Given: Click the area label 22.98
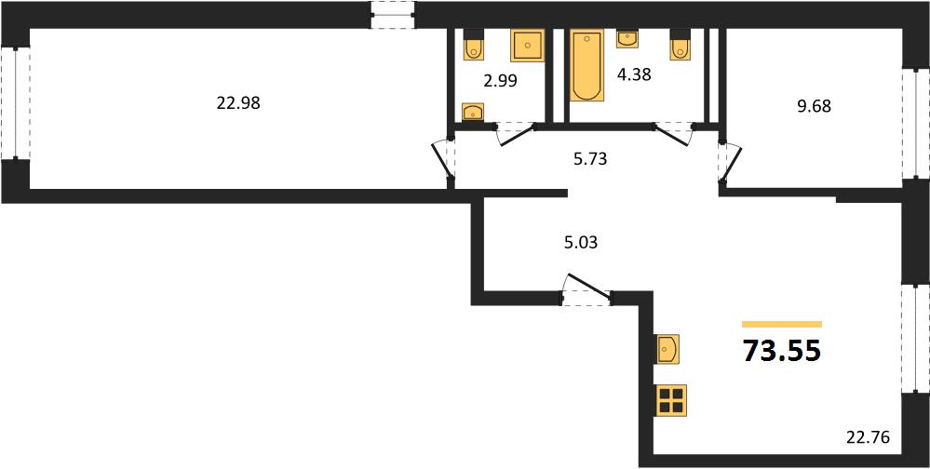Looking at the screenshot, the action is coord(239,104).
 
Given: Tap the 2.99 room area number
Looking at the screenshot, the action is coord(501,81).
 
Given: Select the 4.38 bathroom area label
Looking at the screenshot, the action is coord(634,75).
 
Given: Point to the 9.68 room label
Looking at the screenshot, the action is coord(814,107).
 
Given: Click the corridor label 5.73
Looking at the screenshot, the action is coord(590,159).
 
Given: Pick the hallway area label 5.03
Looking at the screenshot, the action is coord(579,243).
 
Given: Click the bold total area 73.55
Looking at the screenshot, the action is coord(782,352).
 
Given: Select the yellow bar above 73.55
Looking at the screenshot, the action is coord(782,325).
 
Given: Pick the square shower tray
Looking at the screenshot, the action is coord(527,45).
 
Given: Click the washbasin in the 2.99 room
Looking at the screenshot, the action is coord(473,112).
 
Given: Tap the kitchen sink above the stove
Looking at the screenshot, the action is coord(667,349).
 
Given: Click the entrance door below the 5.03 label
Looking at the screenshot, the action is coord(586,290).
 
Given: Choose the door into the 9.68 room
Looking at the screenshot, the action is coord(730,162).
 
